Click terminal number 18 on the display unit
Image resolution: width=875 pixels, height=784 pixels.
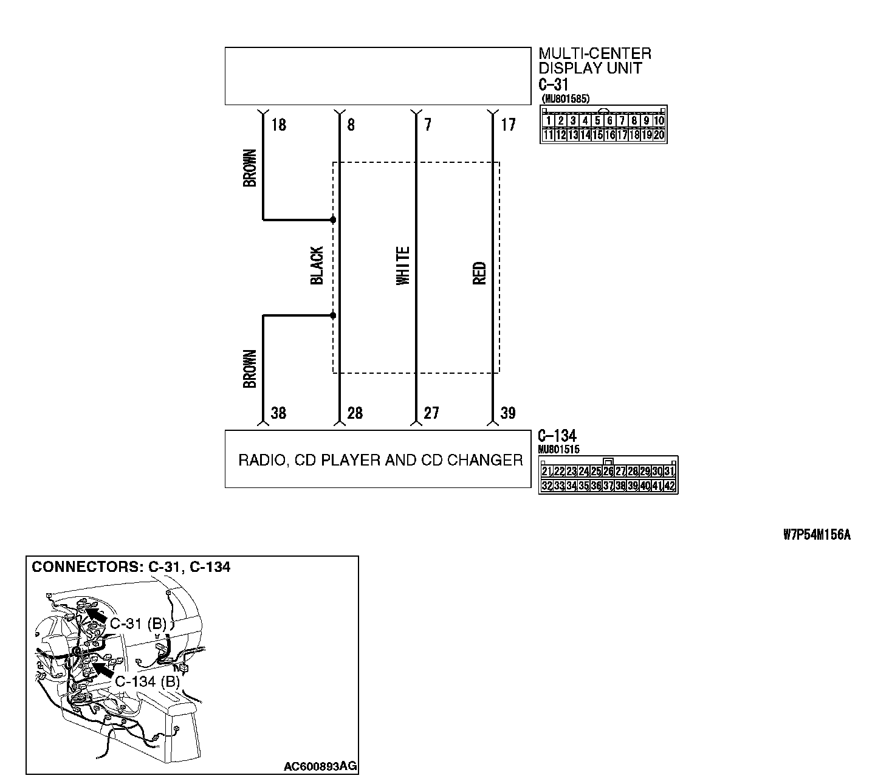coord(278,125)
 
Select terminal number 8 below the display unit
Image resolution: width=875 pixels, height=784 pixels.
coord(351,125)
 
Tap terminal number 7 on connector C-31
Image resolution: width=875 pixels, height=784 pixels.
coord(428,125)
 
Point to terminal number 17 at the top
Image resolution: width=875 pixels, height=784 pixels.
coord(508,125)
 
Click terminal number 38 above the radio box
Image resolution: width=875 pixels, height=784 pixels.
coord(278,413)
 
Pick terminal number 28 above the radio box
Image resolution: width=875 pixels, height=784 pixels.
coord(355,413)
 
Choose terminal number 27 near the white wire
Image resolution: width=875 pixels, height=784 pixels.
coord(431,413)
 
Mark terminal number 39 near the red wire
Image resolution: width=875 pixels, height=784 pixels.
coord(508,413)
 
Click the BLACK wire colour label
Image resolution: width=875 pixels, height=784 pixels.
coord(317,266)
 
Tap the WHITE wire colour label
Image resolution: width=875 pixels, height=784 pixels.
coord(403,266)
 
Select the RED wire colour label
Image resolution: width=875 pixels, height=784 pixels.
coord(479,273)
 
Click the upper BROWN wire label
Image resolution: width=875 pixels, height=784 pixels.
coord(250,168)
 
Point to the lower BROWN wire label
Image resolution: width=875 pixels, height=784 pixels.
coord(250,368)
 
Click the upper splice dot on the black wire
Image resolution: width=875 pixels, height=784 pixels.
coord(333,219)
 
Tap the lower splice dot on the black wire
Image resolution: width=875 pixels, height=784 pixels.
coord(333,315)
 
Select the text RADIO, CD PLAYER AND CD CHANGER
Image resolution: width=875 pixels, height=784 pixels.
coord(380,460)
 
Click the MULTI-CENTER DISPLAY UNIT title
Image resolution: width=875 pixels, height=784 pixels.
coord(594,61)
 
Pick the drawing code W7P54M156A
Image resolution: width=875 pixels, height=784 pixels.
coord(817,535)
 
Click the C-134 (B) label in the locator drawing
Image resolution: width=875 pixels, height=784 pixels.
coord(148,681)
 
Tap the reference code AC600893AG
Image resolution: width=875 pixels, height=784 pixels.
coord(320,766)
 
